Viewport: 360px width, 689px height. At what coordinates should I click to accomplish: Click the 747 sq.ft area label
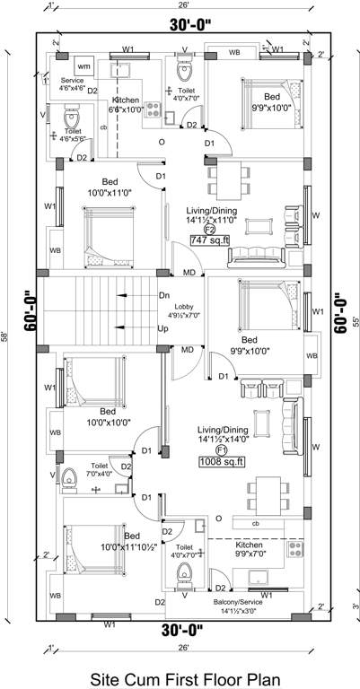(x=211, y=240)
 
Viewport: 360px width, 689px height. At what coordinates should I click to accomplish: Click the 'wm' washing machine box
(x=83, y=67)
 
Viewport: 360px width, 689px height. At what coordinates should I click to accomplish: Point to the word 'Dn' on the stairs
(x=164, y=295)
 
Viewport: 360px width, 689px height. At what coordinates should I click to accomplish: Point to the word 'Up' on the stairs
(x=163, y=328)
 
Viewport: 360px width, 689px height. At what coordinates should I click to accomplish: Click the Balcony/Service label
(x=245, y=606)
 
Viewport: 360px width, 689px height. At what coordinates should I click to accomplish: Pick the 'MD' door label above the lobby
(x=189, y=271)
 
